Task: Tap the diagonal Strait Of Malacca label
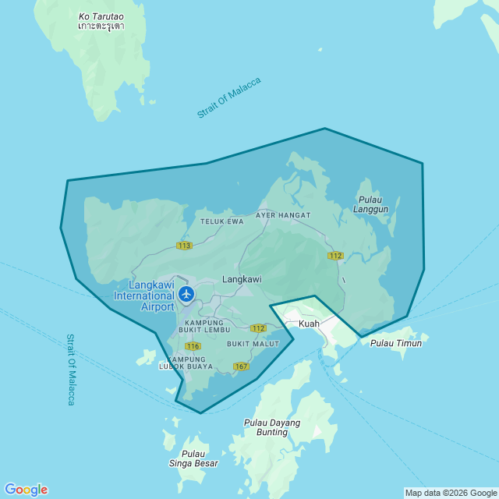coord(229,98)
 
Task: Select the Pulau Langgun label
coord(370,204)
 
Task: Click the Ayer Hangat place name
coord(283,215)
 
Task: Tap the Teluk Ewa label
coord(222,221)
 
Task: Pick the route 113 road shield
coord(184,246)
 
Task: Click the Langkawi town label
coord(242,278)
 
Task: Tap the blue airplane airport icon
coord(186,294)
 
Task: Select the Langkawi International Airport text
coord(146,296)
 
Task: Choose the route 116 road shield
coord(193,345)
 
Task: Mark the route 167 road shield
coord(241,366)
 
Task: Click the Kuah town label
coord(309,323)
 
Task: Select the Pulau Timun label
coord(396,343)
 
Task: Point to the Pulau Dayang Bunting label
coord(267,427)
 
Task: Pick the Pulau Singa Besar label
coord(193,458)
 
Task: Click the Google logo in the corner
coord(26,490)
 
